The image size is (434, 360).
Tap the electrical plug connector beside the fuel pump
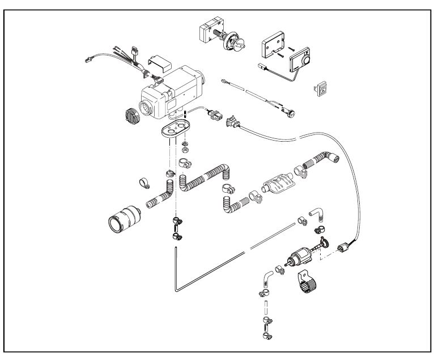343,247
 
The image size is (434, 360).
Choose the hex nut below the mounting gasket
185,155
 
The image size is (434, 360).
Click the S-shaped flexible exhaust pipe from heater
207,176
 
